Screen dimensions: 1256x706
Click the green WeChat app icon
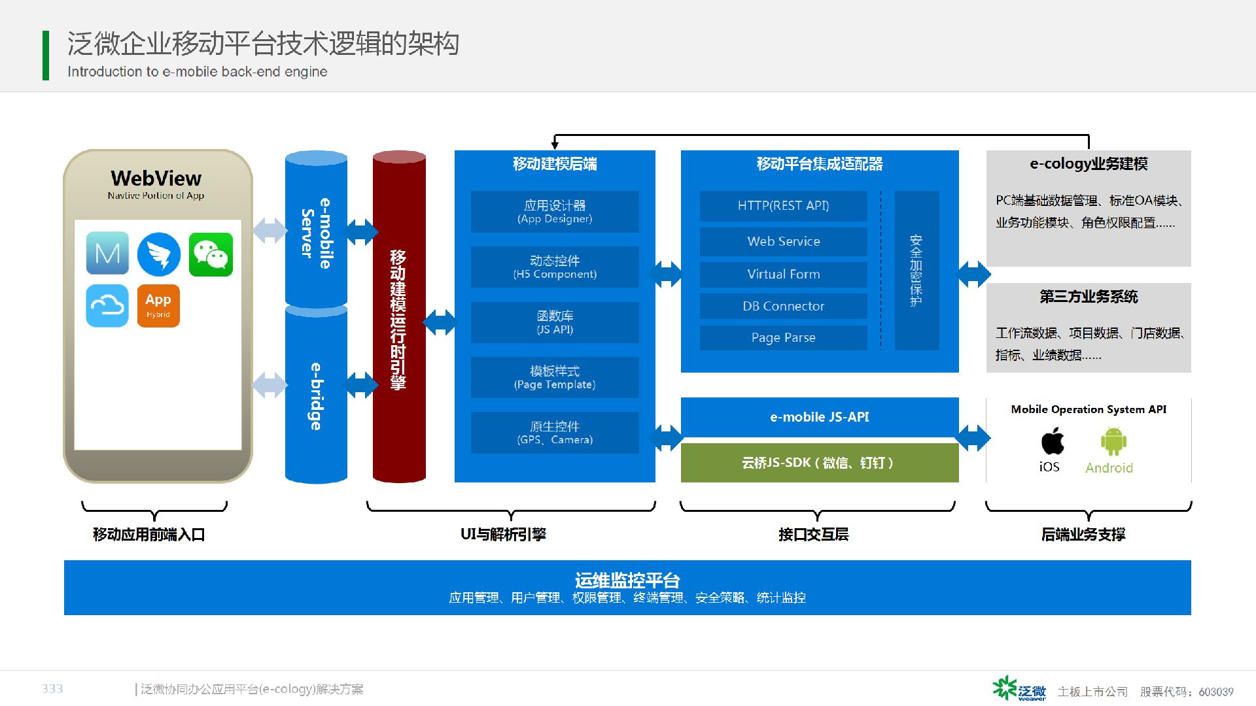tap(211, 254)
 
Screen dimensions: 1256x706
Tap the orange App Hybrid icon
tap(158, 305)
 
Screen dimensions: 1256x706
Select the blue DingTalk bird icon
tap(159, 254)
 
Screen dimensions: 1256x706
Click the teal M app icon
tap(107, 253)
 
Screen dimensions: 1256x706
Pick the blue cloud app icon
tap(107, 305)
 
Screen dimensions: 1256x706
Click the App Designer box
tap(555, 211)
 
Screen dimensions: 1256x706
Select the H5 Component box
tap(555, 267)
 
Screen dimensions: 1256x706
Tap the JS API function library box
tap(555, 322)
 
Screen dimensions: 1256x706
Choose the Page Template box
tap(555, 377)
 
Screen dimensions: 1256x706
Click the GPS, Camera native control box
tap(555, 432)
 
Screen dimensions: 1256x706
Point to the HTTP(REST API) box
tap(784, 206)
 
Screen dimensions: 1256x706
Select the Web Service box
tap(784, 241)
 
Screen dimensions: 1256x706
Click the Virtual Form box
tap(784, 275)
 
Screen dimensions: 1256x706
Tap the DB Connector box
tap(784, 306)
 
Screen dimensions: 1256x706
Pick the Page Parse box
tap(784, 337)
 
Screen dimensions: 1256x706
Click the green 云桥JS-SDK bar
tap(820, 463)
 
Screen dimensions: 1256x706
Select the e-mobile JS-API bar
tap(820, 417)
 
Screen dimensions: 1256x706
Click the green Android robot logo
tap(1113, 441)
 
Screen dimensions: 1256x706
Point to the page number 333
tap(52, 688)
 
